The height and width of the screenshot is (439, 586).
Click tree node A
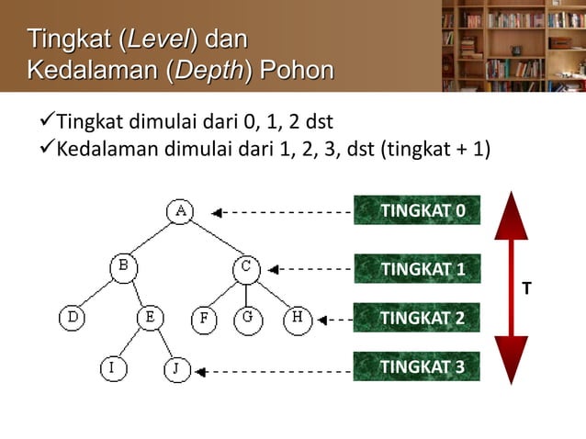tap(180, 211)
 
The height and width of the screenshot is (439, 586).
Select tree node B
tap(124, 268)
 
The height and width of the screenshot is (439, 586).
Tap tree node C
tap(245, 268)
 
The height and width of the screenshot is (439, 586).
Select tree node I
tap(112, 369)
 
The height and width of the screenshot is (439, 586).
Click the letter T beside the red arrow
tap(525, 289)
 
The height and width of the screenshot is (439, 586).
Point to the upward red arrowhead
tap(512, 220)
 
